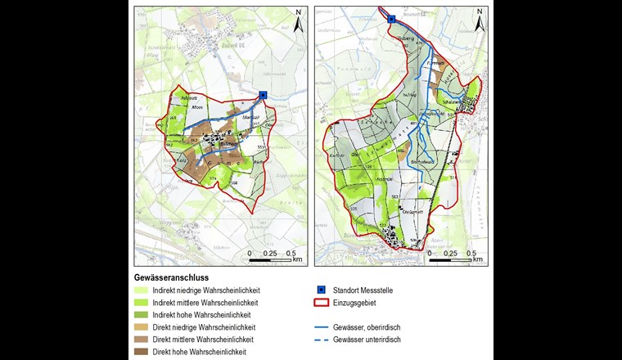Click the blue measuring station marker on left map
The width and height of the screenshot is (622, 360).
[x=263, y=95]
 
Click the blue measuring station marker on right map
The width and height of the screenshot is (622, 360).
[x=391, y=17]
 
